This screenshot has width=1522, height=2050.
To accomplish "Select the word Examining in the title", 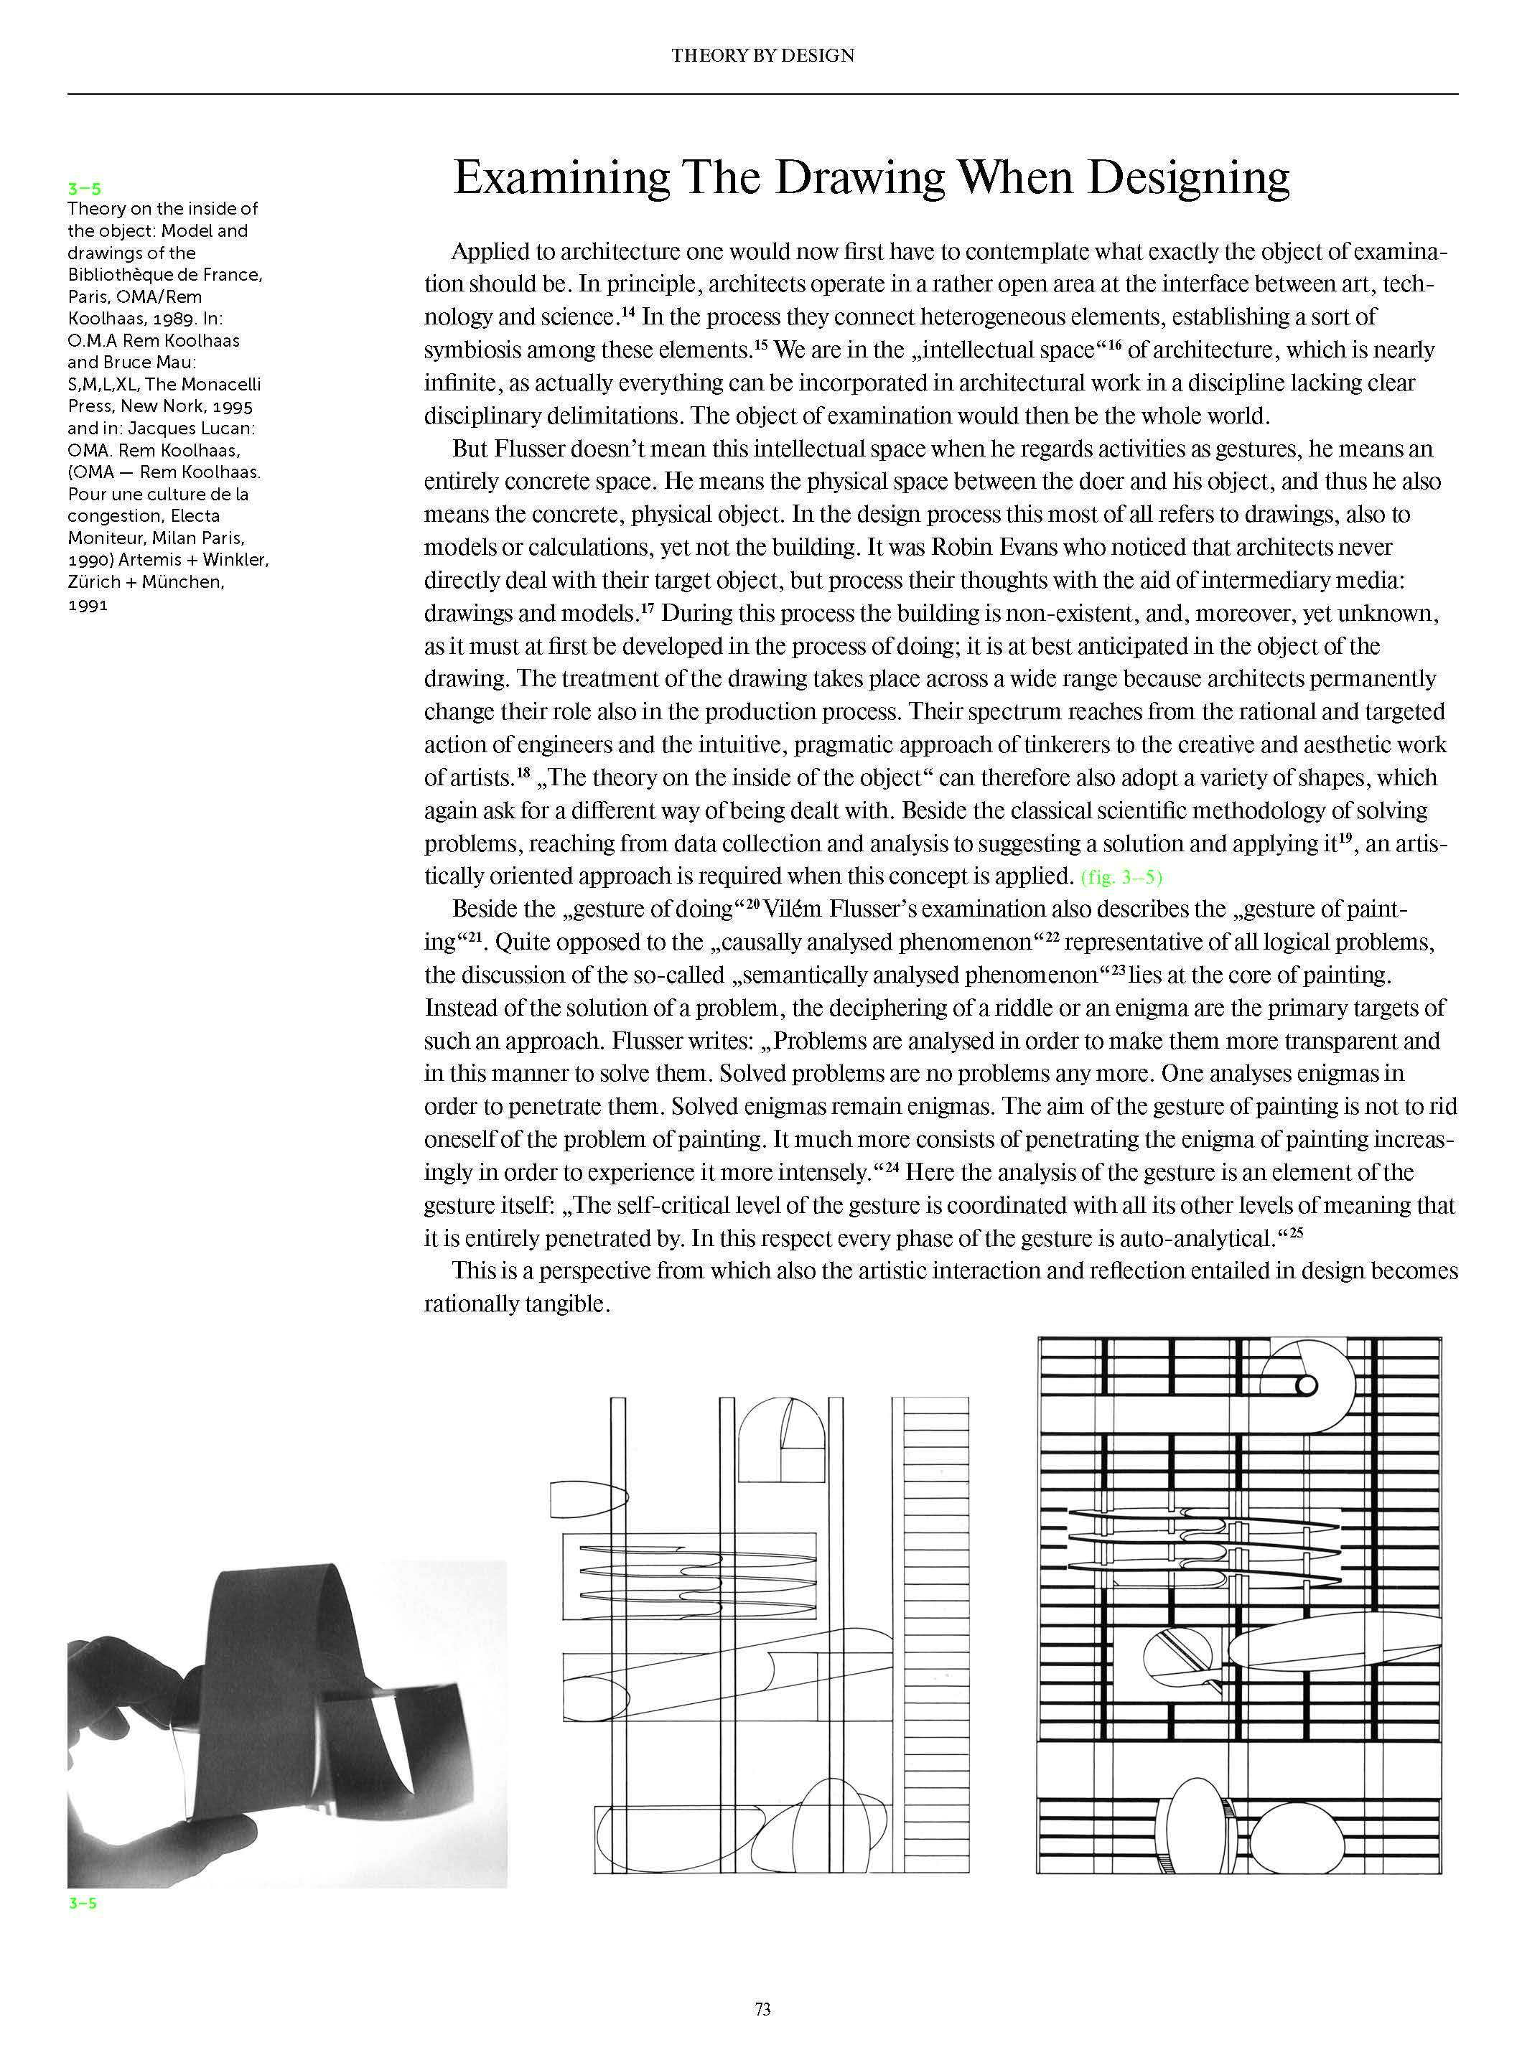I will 561,178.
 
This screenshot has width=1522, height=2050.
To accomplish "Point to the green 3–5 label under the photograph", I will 82,1903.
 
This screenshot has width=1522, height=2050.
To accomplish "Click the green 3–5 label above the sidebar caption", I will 84,189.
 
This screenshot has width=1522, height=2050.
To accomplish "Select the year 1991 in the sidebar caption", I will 88,605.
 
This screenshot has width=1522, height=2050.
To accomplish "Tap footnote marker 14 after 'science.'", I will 628,312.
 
